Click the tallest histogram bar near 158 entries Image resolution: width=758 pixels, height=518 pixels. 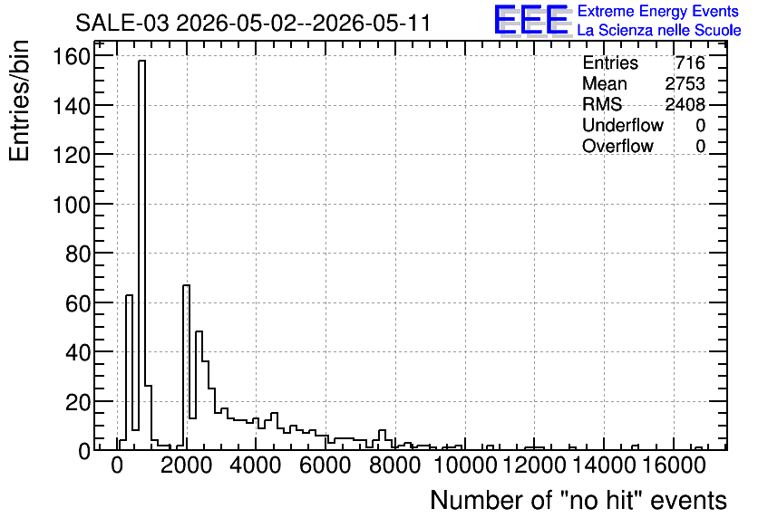pos(141,254)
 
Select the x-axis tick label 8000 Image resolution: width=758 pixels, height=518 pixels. pos(396,465)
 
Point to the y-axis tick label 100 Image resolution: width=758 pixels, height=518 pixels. pos(72,205)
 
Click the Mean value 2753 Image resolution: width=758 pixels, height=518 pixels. pos(685,83)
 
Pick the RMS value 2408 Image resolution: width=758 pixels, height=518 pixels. pos(685,104)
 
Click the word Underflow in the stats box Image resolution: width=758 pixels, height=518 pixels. pos(623,125)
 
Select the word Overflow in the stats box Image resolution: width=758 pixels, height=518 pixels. pos(617,146)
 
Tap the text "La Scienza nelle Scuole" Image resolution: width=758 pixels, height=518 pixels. pos(659,30)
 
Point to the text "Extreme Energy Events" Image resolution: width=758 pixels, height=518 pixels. pos(658,11)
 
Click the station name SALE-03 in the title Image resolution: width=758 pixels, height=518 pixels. pos(122,23)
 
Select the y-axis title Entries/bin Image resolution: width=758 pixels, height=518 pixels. pos(20,101)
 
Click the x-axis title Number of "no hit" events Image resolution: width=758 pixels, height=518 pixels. pos(578,500)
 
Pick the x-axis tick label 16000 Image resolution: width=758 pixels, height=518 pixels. pos(674,465)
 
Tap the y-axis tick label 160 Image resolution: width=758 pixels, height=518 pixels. pos(72,57)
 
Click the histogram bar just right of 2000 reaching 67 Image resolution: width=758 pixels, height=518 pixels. pos(186,368)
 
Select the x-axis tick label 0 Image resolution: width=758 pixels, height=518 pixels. pos(118,465)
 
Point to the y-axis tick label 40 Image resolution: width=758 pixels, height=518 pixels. pos(78,352)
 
